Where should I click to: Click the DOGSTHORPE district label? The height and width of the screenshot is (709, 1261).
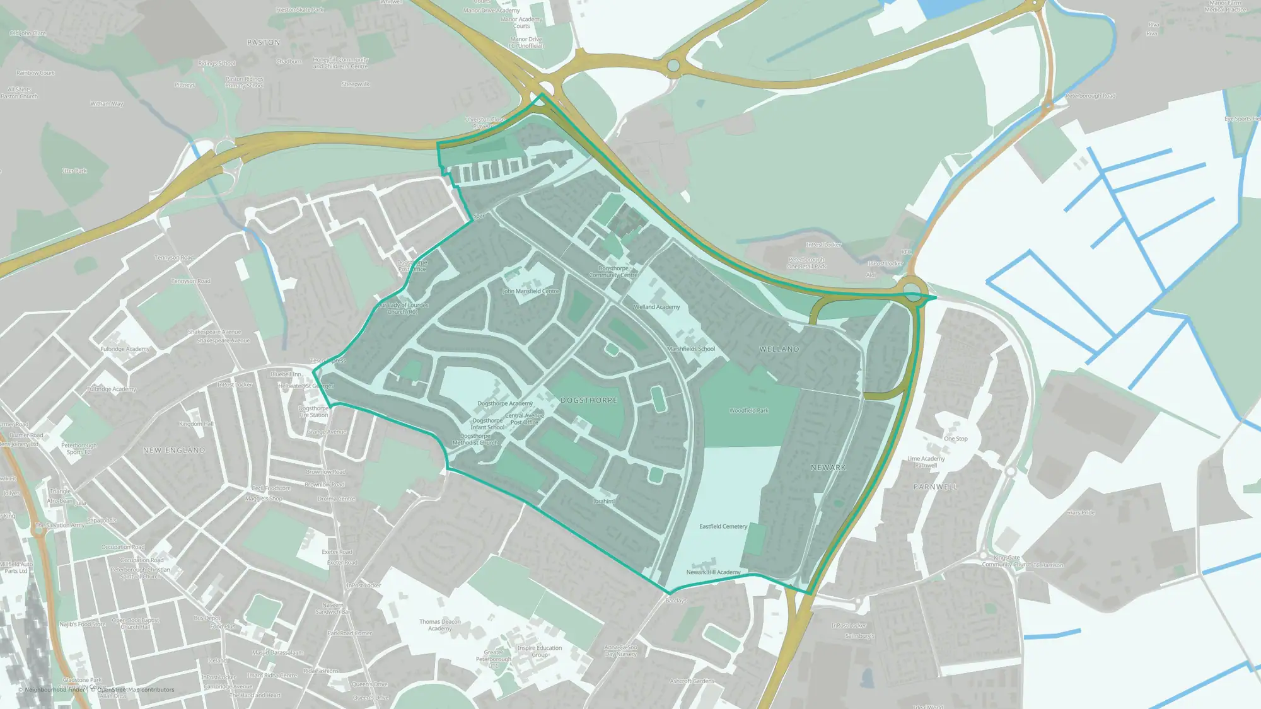(x=589, y=400)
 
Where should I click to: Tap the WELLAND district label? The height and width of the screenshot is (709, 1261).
(x=779, y=349)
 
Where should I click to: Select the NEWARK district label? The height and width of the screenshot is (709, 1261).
(x=828, y=468)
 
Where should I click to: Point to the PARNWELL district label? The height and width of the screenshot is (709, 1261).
(x=935, y=487)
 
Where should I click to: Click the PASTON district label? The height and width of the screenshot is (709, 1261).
(x=264, y=43)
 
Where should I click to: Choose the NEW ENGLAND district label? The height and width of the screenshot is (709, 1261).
(x=174, y=451)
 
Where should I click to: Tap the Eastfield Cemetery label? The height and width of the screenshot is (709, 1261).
(x=723, y=526)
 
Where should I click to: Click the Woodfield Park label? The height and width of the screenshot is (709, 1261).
(x=749, y=411)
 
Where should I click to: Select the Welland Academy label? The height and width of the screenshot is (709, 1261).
(x=656, y=307)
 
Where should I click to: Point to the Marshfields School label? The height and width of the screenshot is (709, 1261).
(x=691, y=349)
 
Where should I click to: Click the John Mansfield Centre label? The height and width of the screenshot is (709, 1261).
(x=531, y=291)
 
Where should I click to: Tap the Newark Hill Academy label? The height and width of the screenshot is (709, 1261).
(x=713, y=572)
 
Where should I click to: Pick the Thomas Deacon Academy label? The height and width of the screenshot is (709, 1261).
(x=440, y=625)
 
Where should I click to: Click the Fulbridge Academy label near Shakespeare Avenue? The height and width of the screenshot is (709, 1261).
(x=125, y=349)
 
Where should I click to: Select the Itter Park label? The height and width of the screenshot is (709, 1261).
(x=74, y=171)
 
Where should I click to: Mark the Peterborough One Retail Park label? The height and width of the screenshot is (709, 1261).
(x=806, y=263)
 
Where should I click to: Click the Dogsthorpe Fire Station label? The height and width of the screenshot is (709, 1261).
(x=313, y=412)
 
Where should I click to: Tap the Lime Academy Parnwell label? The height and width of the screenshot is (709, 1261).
(x=926, y=462)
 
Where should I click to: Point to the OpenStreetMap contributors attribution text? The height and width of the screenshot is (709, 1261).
(x=136, y=689)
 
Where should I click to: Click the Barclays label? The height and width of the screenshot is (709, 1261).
(x=676, y=601)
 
